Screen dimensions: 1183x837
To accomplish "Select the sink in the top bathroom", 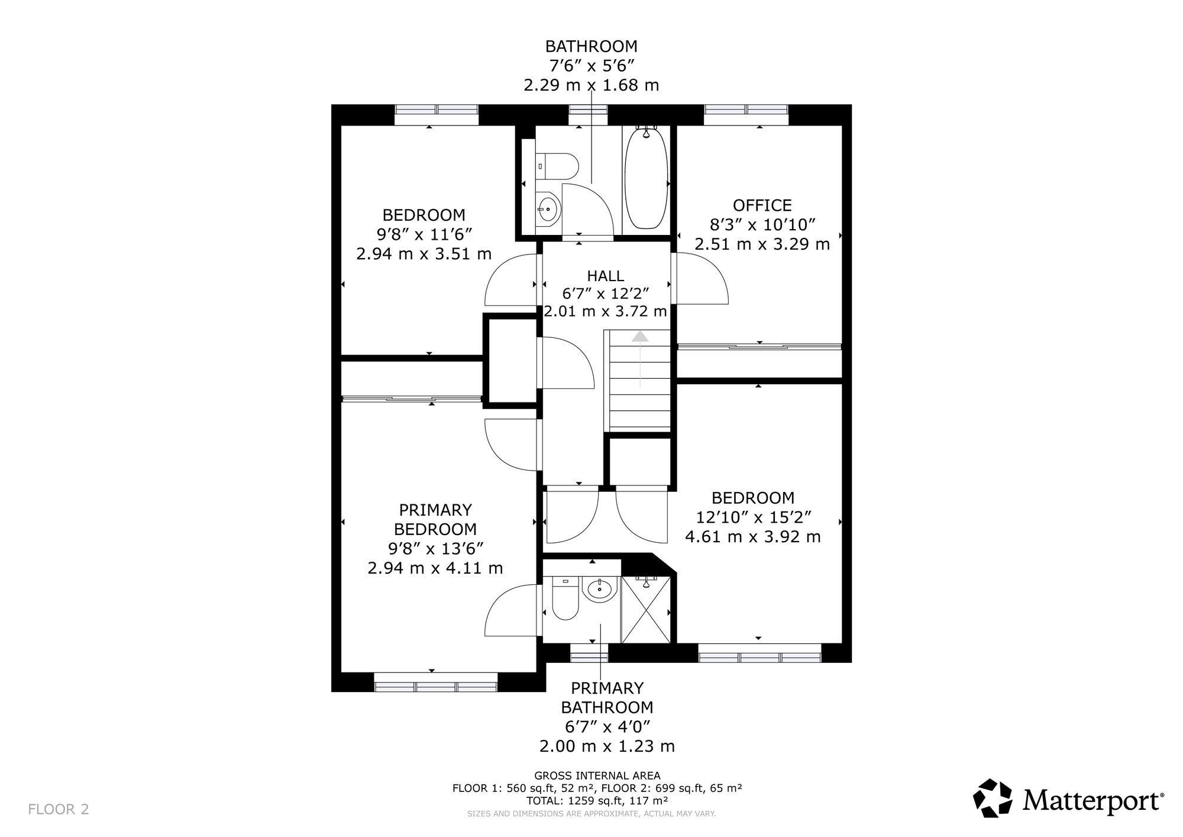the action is (548, 208).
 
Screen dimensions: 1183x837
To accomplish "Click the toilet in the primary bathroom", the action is (564, 598).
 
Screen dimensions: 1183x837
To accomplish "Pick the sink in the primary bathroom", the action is (600, 588).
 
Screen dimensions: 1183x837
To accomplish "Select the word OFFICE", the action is (762, 205).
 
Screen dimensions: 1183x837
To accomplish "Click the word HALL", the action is (605, 276).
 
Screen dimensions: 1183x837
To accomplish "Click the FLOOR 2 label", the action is (59, 809).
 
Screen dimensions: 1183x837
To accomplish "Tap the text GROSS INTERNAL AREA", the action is (597, 775).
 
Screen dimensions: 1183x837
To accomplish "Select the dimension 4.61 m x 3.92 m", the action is (753, 537).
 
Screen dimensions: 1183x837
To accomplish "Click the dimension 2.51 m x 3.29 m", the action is (762, 244).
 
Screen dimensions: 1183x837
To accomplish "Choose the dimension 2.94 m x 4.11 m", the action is (435, 568).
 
